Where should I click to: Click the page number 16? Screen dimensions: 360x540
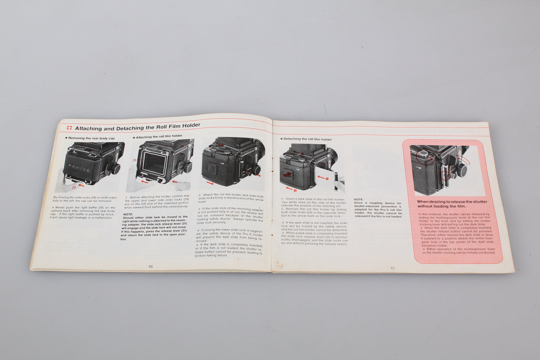click(x=150, y=267)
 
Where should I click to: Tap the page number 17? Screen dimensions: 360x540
click(x=392, y=268)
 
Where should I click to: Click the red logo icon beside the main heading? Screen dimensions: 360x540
click(x=69, y=128)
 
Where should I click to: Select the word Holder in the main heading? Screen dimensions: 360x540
click(x=189, y=126)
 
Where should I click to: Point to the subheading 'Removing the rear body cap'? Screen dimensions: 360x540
click(x=91, y=138)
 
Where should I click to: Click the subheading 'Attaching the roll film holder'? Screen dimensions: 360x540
click(x=159, y=136)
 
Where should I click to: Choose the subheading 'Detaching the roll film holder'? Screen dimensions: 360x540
click(x=307, y=139)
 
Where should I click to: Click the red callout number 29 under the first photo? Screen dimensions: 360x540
click(x=74, y=187)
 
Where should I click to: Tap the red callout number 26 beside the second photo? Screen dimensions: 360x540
click(x=135, y=160)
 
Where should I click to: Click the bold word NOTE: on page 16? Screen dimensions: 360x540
click(x=128, y=214)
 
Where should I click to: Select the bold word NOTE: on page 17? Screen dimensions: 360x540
click(x=358, y=200)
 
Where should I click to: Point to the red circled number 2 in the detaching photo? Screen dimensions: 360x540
click(x=295, y=190)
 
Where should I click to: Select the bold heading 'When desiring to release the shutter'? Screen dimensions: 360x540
click(x=452, y=202)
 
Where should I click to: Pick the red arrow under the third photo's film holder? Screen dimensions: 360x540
click(x=210, y=183)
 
